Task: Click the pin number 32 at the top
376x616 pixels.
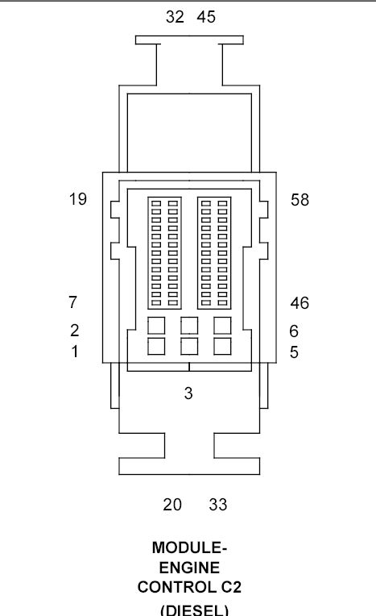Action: click(175, 17)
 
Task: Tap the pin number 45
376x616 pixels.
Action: click(206, 17)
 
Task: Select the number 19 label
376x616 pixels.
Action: click(77, 199)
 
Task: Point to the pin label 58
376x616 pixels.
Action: click(300, 199)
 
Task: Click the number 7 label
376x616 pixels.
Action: click(73, 303)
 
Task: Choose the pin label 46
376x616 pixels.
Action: click(300, 303)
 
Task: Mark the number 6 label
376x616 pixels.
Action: click(295, 331)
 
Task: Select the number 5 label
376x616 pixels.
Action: click(295, 352)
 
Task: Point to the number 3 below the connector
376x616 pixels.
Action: click(188, 394)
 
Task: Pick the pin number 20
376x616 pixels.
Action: click(172, 505)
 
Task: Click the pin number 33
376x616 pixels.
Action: click(218, 505)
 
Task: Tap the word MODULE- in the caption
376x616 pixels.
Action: click(189, 548)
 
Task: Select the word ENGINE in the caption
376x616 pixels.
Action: click(189, 568)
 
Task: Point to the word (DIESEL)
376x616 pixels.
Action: click(189, 608)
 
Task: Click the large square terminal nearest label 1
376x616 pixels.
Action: click(157, 346)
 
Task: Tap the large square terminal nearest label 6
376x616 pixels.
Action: click(221, 325)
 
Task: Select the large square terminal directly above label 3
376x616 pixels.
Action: click(189, 346)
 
